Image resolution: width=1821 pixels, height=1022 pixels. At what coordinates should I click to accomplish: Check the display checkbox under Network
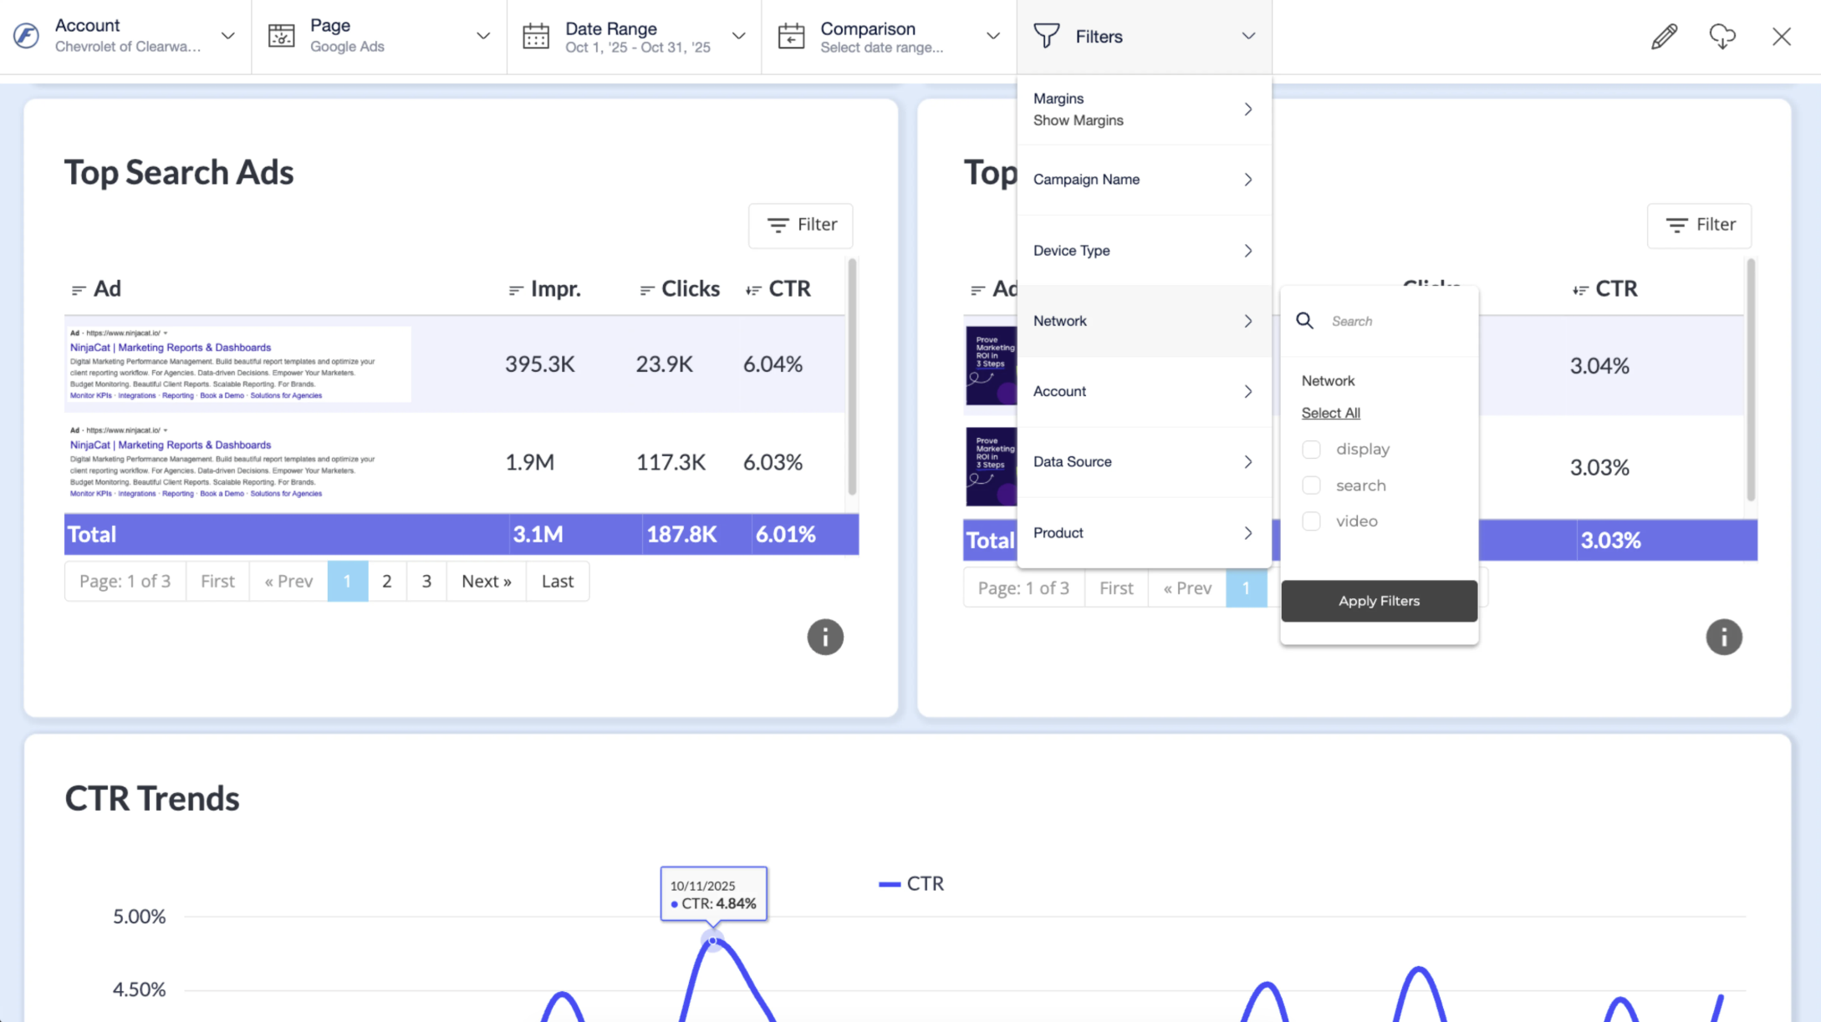[x=1311, y=450]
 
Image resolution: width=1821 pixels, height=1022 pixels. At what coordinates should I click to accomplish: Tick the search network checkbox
[x=1311, y=486]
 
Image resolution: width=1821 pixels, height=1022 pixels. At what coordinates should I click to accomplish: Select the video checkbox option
[x=1311, y=521]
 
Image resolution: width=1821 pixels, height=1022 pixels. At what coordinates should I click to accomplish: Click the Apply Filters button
[x=1379, y=601]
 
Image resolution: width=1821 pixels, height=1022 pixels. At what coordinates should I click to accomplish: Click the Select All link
[x=1330, y=413]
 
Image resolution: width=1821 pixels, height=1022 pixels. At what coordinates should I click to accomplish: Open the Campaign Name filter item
[x=1143, y=180]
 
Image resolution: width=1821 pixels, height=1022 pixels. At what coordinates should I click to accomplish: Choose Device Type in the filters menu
[x=1143, y=251]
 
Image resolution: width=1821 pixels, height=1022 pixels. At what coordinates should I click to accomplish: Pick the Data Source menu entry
[x=1143, y=462]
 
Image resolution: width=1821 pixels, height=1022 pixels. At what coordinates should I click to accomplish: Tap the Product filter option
[x=1143, y=533]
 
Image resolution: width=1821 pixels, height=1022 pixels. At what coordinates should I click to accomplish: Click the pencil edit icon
[x=1664, y=37]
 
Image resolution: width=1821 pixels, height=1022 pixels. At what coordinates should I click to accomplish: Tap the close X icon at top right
[x=1781, y=37]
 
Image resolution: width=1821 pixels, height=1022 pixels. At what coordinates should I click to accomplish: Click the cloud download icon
[x=1722, y=37]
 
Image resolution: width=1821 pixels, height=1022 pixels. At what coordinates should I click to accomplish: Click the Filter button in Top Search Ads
[x=800, y=225]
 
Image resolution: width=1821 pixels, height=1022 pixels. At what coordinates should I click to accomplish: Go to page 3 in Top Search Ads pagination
[x=426, y=582]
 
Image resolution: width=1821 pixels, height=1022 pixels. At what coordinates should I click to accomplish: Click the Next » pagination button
[x=486, y=582]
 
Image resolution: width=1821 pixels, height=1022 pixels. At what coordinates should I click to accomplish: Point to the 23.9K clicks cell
[x=664, y=364]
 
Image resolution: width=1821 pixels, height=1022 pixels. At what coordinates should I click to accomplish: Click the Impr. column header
[x=554, y=289]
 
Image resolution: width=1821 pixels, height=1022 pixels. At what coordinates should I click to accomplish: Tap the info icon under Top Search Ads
[x=824, y=638]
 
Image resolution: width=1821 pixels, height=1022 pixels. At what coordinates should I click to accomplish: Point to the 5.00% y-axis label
[x=139, y=917]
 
